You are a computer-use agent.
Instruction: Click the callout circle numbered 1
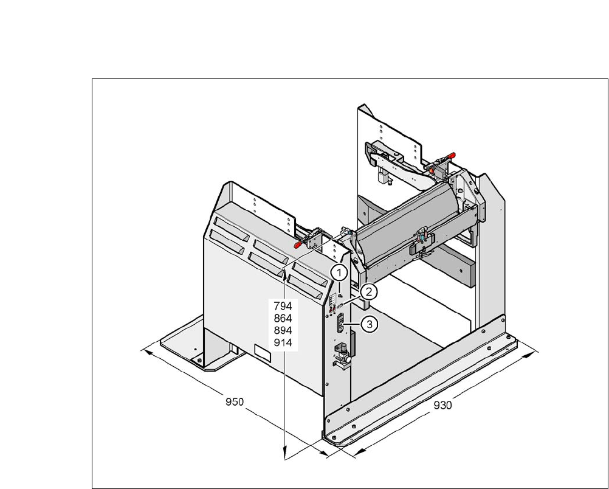click(x=339, y=271)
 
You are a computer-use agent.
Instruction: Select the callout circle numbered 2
click(x=368, y=292)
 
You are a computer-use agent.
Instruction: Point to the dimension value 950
click(x=235, y=402)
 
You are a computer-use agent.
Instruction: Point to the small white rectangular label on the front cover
click(x=262, y=350)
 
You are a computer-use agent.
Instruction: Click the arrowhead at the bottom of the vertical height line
click(x=284, y=452)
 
